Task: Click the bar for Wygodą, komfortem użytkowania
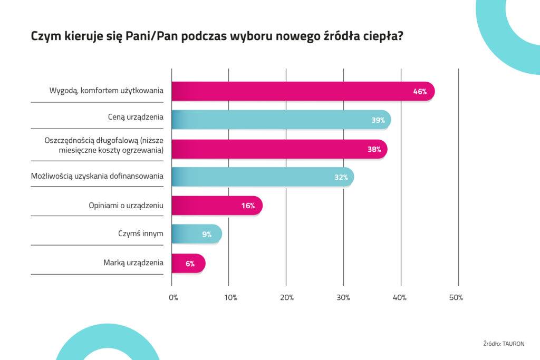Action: (x=303, y=91)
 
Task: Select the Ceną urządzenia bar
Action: (x=281, y=120)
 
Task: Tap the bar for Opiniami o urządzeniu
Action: (x=217, y=206)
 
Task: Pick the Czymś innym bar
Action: (x=197, y=234)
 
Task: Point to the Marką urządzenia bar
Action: (x=188, y=263)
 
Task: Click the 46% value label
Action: (x=420, y=92)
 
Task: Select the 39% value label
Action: (x=378, y=120)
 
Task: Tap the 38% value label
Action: (x=374, y=149)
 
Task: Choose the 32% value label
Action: (x=341, y=178)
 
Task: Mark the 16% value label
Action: (x=248, y=206)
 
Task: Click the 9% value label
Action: (x=206, y=235)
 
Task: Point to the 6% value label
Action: (x=190, y=264)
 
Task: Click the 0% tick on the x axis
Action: (x=173, y=298)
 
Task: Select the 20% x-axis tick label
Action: (x=286, y=298)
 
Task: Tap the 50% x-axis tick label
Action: (x=456, y=298)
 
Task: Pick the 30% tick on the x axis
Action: (x=343, y=298)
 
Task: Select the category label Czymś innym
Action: (x=140, y=233)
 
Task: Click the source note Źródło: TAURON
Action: (x=504, y=344)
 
